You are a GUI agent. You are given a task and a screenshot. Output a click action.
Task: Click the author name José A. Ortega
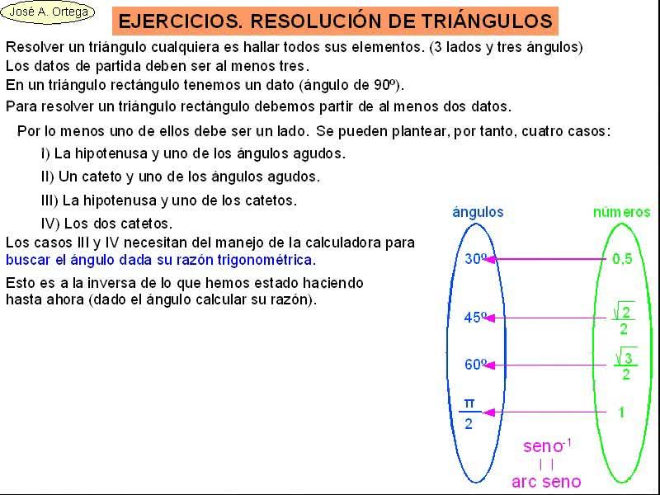(48, 12)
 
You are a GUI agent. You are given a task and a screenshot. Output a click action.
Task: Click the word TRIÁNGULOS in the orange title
(487, 21)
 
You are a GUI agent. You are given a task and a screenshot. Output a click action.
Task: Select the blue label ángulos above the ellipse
(478, 212)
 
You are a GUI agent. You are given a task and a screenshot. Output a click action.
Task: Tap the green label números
(622, 212)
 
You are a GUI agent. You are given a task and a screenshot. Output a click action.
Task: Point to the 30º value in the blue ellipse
(476, 258)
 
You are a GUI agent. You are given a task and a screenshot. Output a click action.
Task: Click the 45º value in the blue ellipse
(476, 317)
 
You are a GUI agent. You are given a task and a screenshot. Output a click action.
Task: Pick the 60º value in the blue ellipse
(476, 364)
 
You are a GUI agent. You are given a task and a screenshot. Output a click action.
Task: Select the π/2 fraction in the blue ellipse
(469, 413)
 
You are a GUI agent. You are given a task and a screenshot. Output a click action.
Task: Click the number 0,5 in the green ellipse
(622, 259)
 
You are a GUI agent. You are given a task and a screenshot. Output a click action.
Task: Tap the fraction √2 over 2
(623, 319)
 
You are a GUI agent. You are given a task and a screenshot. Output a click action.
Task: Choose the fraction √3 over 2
(625, 364)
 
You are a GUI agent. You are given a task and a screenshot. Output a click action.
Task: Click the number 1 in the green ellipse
(622, 412)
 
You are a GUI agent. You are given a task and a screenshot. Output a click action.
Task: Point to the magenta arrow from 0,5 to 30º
(546, 259)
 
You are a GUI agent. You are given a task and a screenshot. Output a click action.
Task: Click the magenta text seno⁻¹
(547, 445)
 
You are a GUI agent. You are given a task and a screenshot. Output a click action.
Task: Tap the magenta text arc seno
(546, 482)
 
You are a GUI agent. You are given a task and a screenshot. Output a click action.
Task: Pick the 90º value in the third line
(385, 85)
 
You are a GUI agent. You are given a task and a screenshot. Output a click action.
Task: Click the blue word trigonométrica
(266, 260)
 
